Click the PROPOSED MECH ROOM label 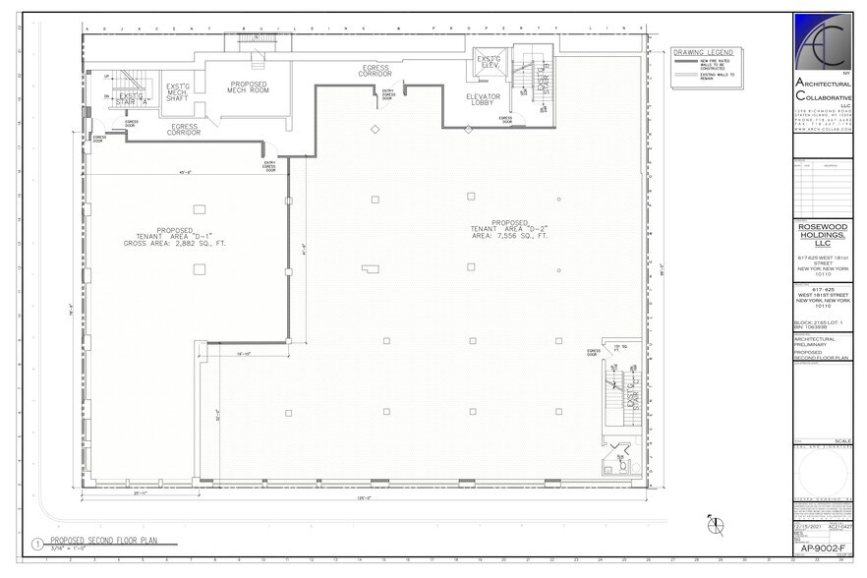[248, 88]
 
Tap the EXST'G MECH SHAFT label [179, 91]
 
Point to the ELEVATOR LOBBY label [485, 99]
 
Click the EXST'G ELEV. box [489, 63]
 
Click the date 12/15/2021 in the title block [807, 527]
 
